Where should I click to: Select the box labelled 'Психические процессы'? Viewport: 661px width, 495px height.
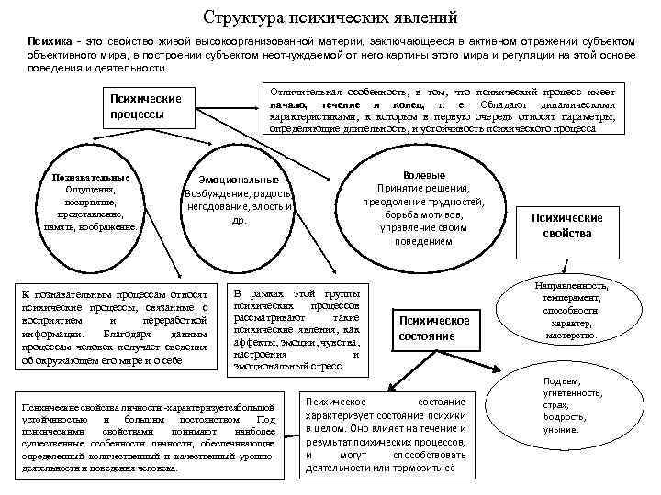(x=145, y=107)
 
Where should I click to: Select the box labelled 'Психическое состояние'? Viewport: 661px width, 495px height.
(x=434, y=328)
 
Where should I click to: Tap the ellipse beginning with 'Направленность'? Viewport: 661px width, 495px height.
(x=572, y=312)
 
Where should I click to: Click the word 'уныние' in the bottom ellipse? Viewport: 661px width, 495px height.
(x=562, y=428)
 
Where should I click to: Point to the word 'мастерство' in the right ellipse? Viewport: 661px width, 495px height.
(x=571, y=335)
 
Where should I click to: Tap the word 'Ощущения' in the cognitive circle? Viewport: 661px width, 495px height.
(x=90, y=190)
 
